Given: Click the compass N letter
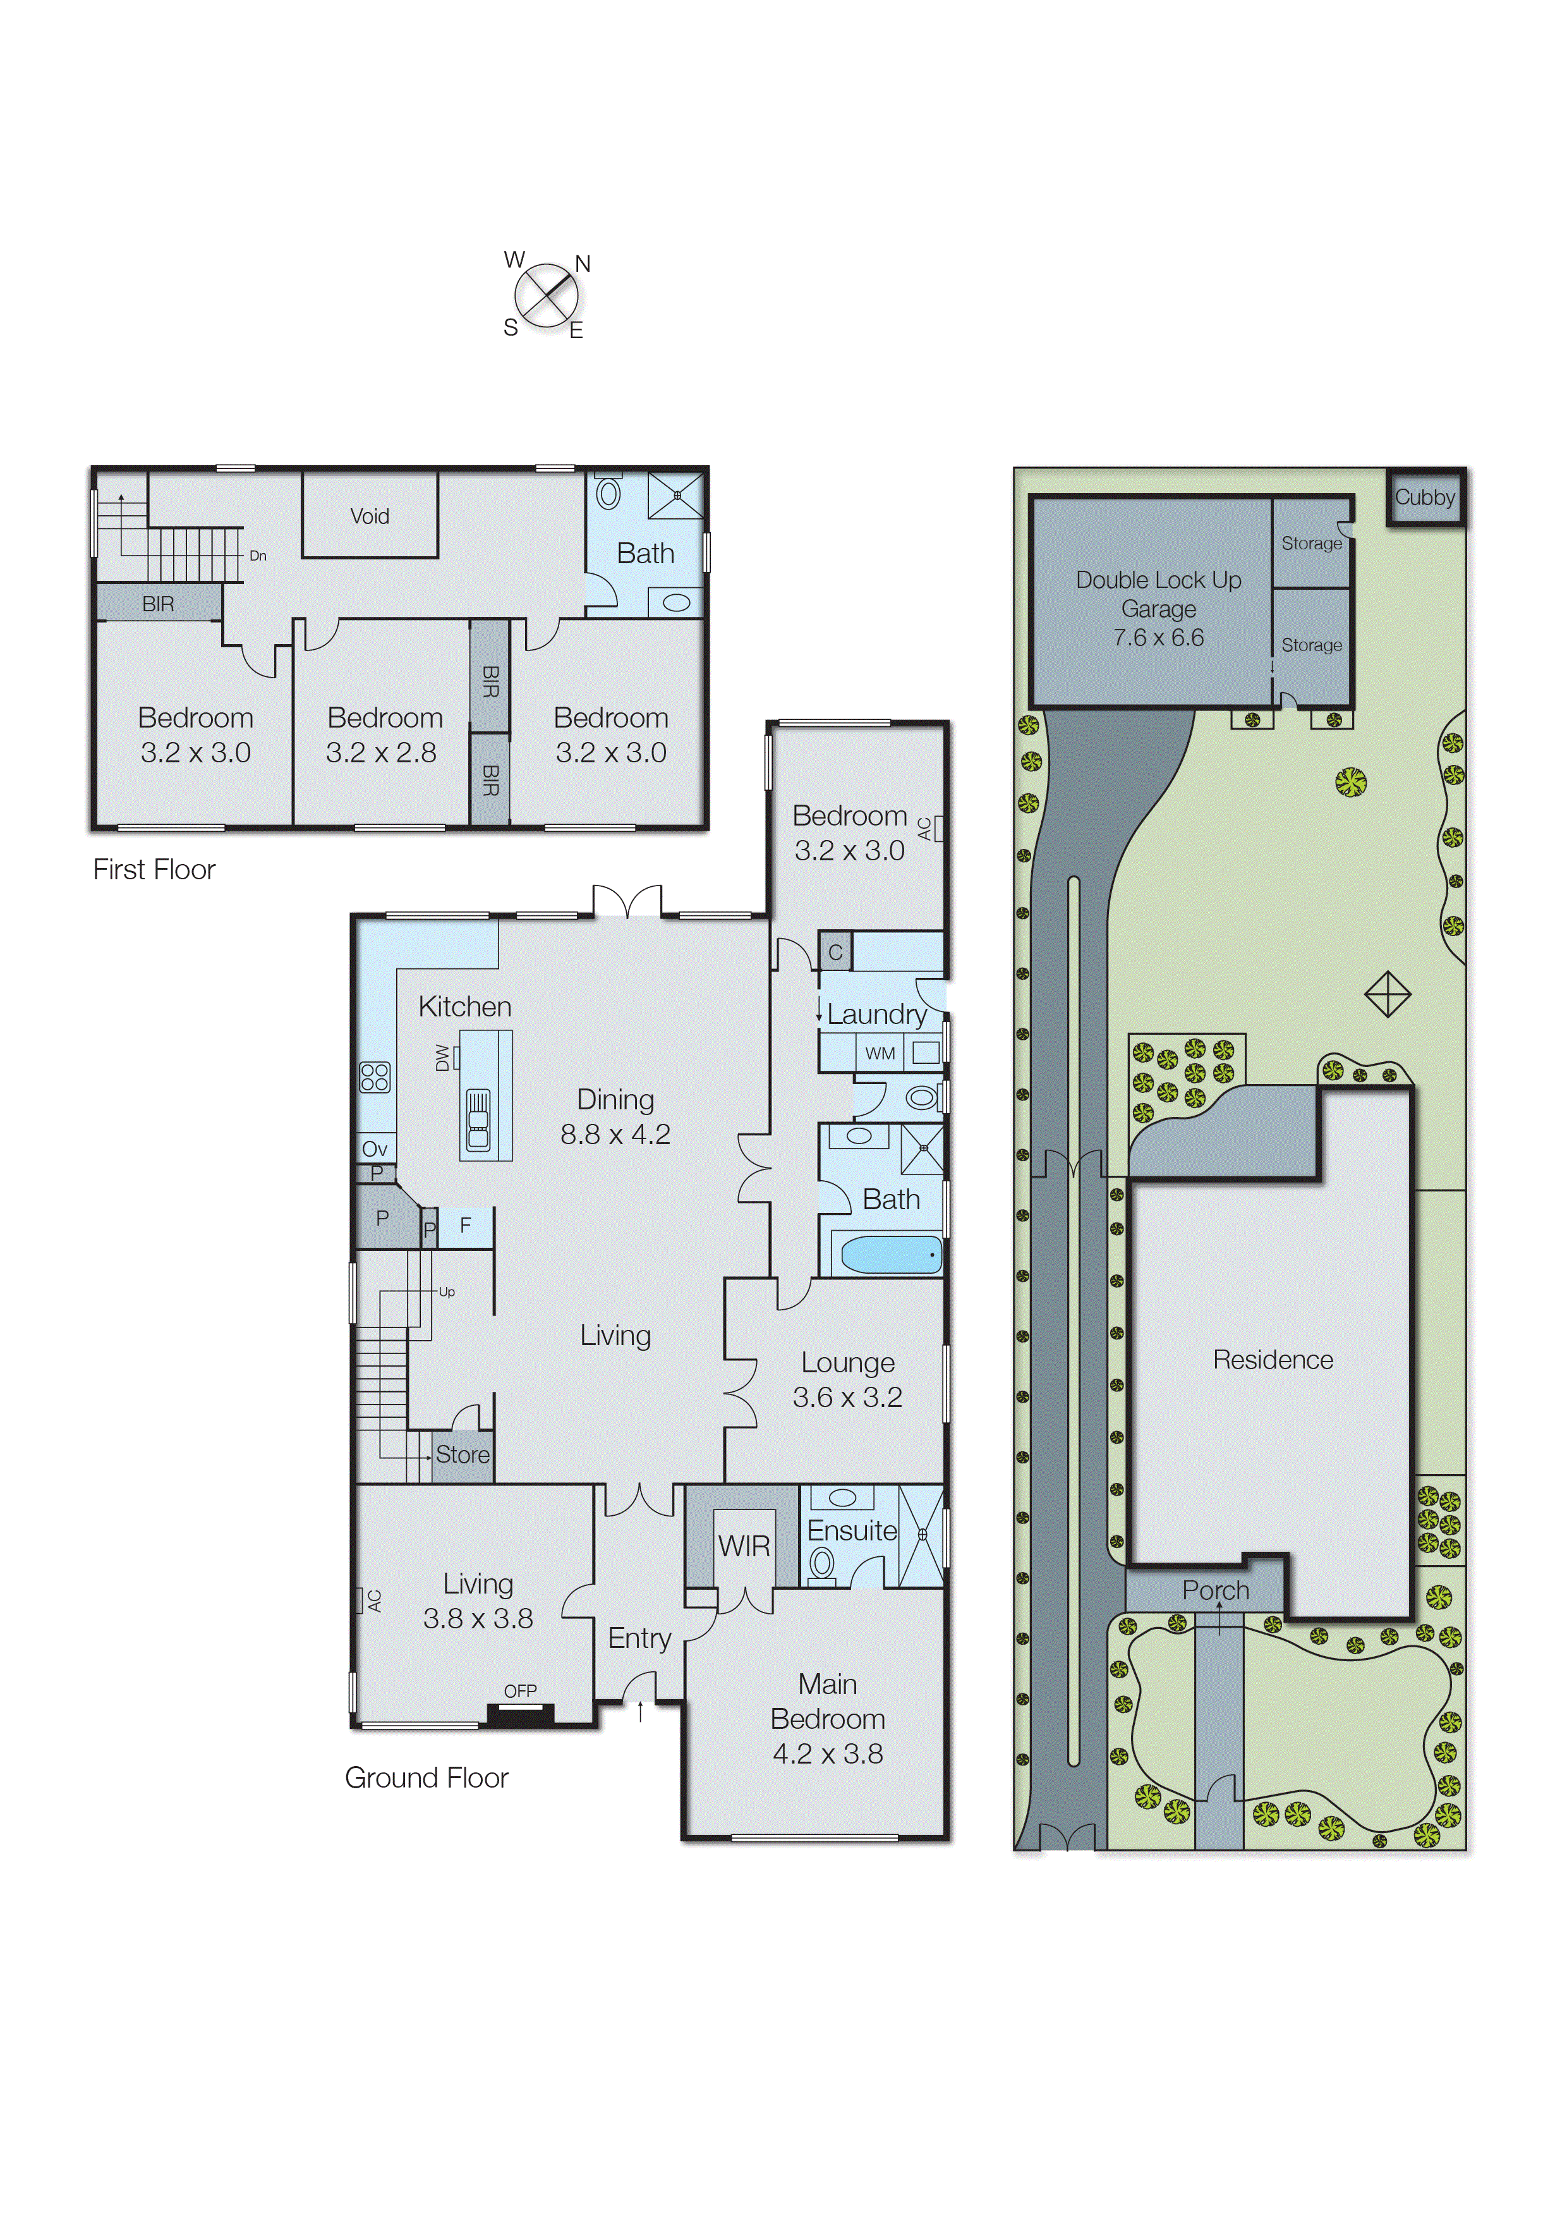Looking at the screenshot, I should [582, 264].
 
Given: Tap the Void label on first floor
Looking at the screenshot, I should [370, 516].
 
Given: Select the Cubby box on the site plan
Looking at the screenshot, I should [1425, 497].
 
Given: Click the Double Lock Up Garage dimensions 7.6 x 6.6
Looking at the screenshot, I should [1158, 638].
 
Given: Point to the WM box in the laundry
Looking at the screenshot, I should [880, 1053].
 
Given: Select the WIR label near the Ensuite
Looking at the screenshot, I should [744, 1546].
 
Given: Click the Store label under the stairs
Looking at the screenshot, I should [462, 1454].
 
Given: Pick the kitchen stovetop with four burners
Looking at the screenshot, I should [375, 1077].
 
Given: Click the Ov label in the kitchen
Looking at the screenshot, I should [375, 1149].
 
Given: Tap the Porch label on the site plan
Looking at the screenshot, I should [1215, 1590].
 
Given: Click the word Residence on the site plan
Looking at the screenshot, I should [1273, 1360].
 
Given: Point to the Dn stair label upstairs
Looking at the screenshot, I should [258, 556].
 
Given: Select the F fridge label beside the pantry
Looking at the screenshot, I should [465, 1226].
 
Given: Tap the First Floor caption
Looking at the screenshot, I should [154, 870].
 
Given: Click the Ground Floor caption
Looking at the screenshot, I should [427, 1777].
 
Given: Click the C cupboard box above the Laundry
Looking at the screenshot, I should [835, 951].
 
